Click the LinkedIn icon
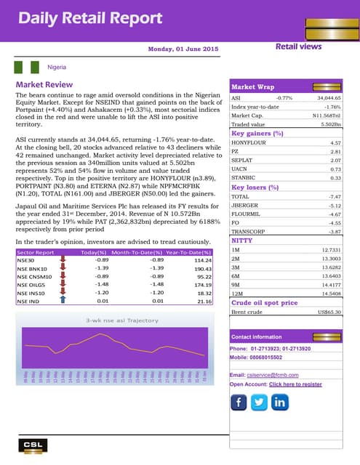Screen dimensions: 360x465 pyautogui.click(x=280, y=402)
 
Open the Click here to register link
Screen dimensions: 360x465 pyautogui.click(x=295, y=384)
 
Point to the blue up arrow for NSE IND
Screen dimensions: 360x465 pyautogui.click(x=63, y=301)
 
